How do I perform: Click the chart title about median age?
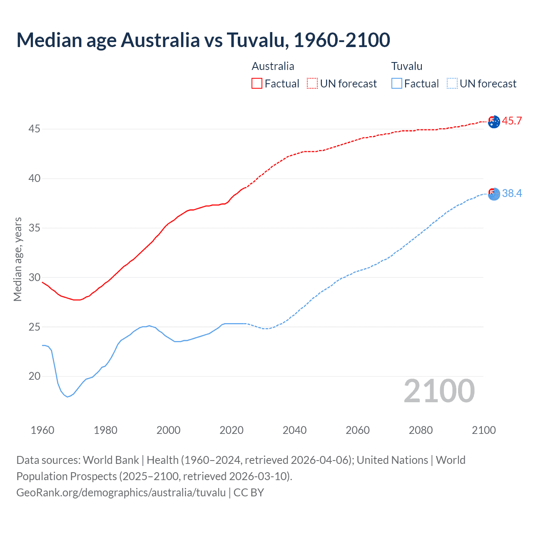pos(203,40)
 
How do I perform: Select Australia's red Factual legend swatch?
pos(257,83)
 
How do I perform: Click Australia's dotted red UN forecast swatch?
pos(312,83)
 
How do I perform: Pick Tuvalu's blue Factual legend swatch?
pos(396,83)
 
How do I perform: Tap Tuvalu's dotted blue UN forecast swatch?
pos(452,83)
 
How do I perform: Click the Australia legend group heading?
pos(273,66)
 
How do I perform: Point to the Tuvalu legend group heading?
pos(406,66)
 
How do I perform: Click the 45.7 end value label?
pos(512,121)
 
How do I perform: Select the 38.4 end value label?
pos(512,193)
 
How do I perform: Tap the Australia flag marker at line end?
pos(494,122)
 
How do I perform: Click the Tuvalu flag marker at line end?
pos(494,194)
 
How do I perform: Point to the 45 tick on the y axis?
pos(34,129)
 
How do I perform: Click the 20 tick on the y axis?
pos(34,376)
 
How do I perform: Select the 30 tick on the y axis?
pos(34,277)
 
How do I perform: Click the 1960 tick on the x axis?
pos(42,430)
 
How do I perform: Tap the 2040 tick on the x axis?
pos(294,430)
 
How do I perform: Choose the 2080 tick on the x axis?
pos(421,430)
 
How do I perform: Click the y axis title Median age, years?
pos(17,259)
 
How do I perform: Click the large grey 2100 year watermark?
pos(439,391)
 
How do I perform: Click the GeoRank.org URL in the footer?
pos(121,493)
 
